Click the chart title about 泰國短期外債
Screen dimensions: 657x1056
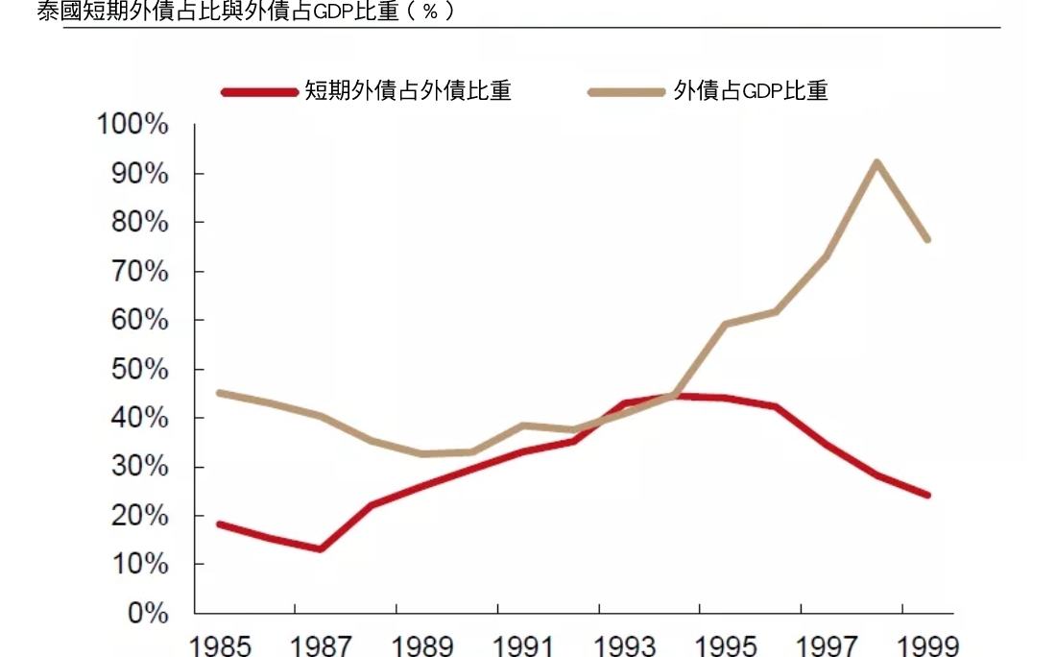tap(245, 12)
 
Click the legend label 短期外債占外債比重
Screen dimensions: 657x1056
tap(407, 91)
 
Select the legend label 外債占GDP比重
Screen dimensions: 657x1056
tap(750, 91)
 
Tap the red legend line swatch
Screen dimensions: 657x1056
tap(259, 92)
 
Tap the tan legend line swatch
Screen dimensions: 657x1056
tap(626, 92)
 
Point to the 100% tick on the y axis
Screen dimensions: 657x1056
tap(133, 125)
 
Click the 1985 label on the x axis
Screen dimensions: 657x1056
tap(221, 644)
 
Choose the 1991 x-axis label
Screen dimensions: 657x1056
tap(524, 644)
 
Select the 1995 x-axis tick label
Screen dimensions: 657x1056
tap(727, 644)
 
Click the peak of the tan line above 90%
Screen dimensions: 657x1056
tap(876, 162)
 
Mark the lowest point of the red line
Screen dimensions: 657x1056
tap(320, 549)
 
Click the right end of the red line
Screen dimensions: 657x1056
tap(927, 495)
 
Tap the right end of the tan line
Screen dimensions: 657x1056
tap(927, 239)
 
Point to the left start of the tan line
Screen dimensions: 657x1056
tap(219, 393)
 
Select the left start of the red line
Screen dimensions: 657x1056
tap(219, 523)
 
